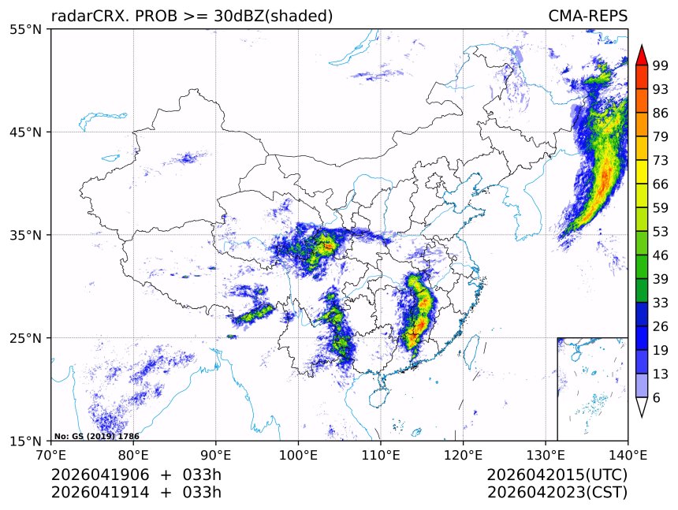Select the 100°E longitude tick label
click(x=298, y=455)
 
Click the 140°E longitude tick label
click(x=628, y=455)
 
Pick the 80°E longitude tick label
click(x=133, y=455)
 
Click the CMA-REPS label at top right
click(x=588, y=16)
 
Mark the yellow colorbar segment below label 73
click(x=642, y=171)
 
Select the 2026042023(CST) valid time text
click(x=557, y=493)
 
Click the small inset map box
click(x=592, y=389)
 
